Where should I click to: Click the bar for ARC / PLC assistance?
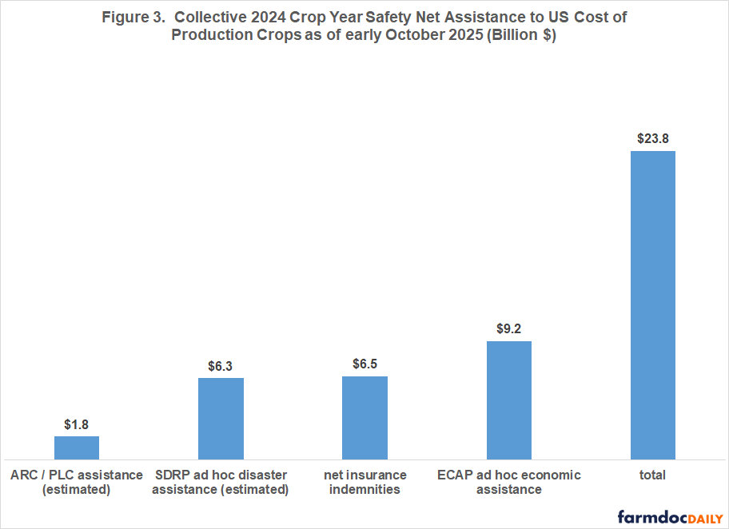[77, 447]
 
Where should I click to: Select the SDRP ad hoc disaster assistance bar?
[221, 418]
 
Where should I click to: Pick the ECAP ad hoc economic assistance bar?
[508, 400]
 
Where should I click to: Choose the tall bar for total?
[652, 304]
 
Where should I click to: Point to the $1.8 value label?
[77, 424]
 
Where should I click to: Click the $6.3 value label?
[221, 365]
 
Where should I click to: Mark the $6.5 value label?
[364, 364]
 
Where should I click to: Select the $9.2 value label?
[508, 328]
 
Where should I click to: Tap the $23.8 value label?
[652, 137]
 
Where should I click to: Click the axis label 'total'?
[652, 475]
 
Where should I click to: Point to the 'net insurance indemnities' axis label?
[364, 482]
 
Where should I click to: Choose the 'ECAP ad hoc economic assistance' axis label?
[508, 482]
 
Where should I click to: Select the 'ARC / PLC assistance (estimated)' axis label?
[77, 482]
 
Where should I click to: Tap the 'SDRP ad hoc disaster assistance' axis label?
[221, 482]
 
